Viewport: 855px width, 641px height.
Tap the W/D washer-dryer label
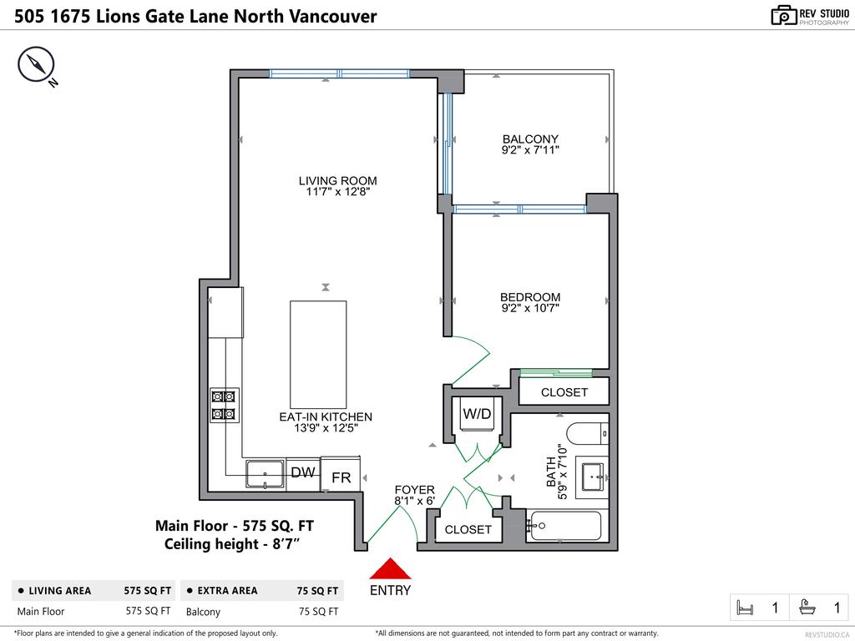point(477,412)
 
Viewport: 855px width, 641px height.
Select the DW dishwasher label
point(302,472)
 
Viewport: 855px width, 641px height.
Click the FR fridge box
point(341,477)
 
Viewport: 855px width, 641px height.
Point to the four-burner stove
point(224,405)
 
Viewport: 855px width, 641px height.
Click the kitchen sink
point(265,473)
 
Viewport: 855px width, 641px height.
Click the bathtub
point(564,527)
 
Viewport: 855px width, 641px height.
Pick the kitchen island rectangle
point(318,354)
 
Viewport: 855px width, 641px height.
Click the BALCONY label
point(530,139)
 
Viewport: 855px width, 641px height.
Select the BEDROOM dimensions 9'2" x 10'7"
point(530,308)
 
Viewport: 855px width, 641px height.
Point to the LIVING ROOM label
point(337,180)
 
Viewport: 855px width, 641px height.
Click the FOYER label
point(415,490)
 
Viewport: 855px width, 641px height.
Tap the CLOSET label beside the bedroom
point(564,391)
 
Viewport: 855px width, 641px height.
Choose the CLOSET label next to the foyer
point(468,529)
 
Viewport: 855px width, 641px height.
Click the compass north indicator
point(37,65)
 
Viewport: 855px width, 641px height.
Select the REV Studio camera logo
point(783,15)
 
